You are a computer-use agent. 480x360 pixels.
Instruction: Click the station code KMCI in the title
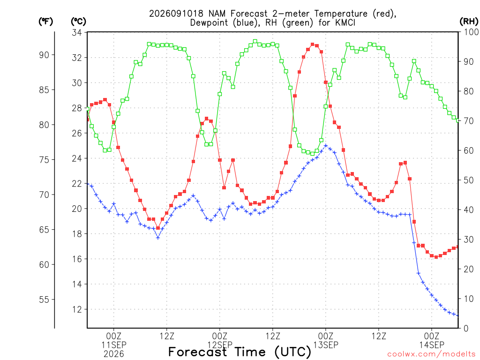[343, 22]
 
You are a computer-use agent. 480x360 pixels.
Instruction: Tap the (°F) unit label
[45, 22]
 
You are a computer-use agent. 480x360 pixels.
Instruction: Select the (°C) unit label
[78, 22]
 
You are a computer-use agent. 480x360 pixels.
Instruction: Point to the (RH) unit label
[469, 22]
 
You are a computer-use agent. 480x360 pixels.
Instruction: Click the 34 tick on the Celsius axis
[77, 32]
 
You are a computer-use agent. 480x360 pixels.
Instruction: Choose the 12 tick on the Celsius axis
[77, 309]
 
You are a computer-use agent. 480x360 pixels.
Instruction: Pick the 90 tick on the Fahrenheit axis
[44, 55]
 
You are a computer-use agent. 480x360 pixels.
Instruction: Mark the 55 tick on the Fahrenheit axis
[44, 300]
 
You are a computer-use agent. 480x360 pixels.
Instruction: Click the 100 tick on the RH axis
[471, 32]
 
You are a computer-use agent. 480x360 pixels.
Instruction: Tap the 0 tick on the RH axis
[466, 329]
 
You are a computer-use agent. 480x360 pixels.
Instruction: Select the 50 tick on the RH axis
[469, 180]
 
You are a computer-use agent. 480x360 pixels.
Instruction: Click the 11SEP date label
[114, 345]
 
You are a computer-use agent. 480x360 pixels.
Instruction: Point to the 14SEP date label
[432, 345]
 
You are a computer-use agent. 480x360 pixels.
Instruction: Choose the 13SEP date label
[326, 345]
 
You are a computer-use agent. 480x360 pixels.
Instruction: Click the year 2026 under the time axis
[114, 354]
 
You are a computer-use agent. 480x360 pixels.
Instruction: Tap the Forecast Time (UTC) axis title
[240, 352]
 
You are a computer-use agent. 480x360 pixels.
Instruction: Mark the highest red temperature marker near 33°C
[313, 45]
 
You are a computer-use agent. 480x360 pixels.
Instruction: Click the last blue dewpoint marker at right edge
[458, 315]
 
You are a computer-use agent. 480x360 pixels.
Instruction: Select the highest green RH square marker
[255, 41]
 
